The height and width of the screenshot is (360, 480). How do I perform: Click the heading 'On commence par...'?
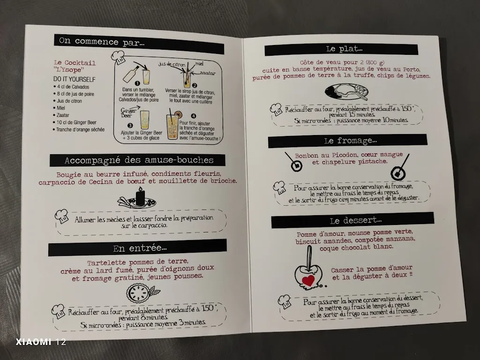click(x=101, y=41)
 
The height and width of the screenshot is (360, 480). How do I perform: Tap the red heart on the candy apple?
click(x=308, y=280)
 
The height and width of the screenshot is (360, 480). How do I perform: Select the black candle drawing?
click(x=140, y=196)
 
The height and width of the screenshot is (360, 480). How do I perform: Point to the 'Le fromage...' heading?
click(x=351, y=141)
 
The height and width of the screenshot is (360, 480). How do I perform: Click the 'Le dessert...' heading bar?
click(x=352, y=220)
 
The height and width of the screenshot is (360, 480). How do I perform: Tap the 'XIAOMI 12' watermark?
click(x=41, y=342)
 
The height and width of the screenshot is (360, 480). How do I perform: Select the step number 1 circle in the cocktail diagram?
click(x=137, y=83)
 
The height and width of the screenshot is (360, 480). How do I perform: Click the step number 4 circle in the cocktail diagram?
click(x=194, y=116)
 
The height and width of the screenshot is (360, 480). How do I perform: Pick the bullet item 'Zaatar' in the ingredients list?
click(x=63, y=115)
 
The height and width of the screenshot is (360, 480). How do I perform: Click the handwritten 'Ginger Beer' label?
click(x=128, y=112)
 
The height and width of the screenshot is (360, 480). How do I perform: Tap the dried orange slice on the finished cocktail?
click(x=178, y=115)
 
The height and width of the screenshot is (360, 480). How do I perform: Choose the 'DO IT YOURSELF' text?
click(x=75, y=79)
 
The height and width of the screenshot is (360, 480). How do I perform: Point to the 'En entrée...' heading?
click(x=140, y=248)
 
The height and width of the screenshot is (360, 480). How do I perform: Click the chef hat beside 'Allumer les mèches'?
click(x=62, y=217)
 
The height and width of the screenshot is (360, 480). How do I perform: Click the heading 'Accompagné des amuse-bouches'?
click(x=139, y=160)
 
